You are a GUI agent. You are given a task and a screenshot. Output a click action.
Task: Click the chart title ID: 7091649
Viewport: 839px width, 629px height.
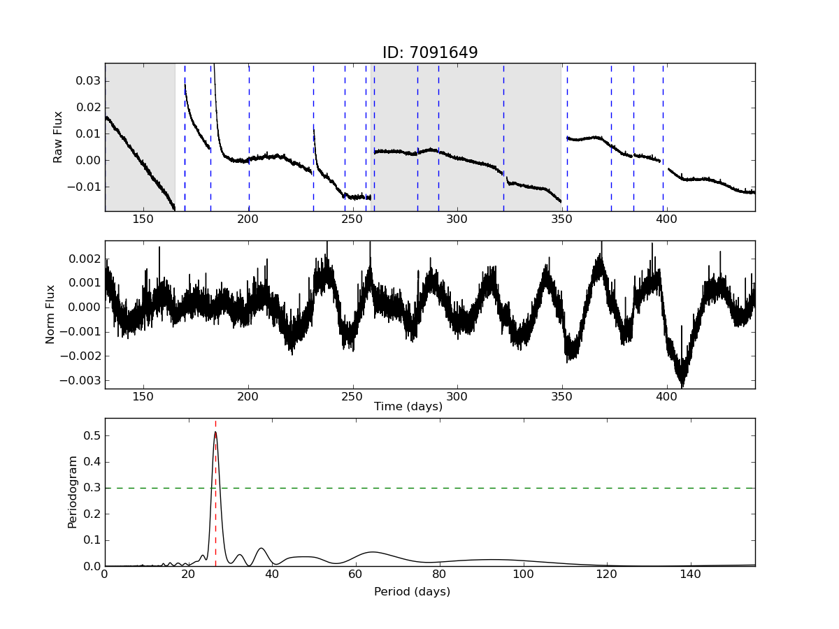pyautogui.click(x=429, y=53)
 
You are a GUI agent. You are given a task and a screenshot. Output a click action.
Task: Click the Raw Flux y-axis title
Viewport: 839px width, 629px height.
pyautogui.click(x=59, y=137)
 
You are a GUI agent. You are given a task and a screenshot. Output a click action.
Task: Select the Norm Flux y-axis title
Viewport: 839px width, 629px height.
pyautogui.click(x=50, y=314)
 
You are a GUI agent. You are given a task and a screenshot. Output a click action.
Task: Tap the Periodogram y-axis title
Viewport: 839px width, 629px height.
pyautogui.click(x=72, y=492)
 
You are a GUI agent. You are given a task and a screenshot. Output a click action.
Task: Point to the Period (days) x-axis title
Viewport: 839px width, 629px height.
pyautogui.click(x=412, y=592)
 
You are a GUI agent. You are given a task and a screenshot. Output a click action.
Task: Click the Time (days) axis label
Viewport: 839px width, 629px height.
pyautogui.click(x=408, y=407)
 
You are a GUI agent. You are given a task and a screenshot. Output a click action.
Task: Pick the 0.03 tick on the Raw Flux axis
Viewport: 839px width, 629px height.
pyautogui.click(x=88, y=81)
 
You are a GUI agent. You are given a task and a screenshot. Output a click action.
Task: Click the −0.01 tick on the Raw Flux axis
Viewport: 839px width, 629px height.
pyautogui.click(x=85, y=187)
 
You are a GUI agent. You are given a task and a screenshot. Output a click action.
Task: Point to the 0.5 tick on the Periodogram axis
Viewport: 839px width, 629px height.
pyautogui.click(x=91, y=435)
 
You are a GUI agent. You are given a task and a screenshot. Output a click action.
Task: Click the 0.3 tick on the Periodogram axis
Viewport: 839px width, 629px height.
pyautogui.click(x=91, y=488)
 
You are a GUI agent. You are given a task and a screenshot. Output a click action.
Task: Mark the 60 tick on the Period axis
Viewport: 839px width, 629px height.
pyautogui.click(x=356, y=574)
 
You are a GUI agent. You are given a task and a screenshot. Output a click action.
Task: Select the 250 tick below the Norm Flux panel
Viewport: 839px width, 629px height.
pyautogui.click(x=352, y=397)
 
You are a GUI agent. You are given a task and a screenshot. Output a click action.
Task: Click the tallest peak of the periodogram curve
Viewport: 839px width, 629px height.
pyautogui.click(x=215, y=432)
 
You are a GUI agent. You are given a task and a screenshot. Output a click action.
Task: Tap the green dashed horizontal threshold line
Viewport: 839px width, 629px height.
pyautogui.click(x=489, y=488)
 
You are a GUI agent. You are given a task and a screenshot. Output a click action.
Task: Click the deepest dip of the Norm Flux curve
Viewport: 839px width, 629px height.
pyautogui.click(x=682, y=386)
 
